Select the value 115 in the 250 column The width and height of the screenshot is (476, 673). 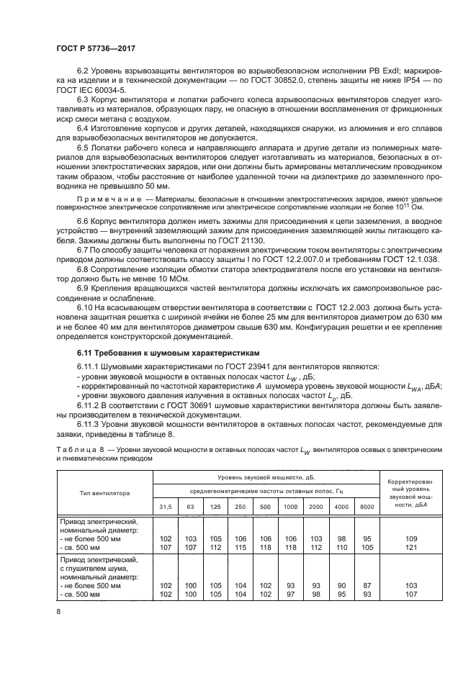coord(241,546)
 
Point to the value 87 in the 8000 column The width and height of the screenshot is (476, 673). coord(367,584)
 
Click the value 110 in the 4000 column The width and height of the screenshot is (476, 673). coord(341,546)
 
